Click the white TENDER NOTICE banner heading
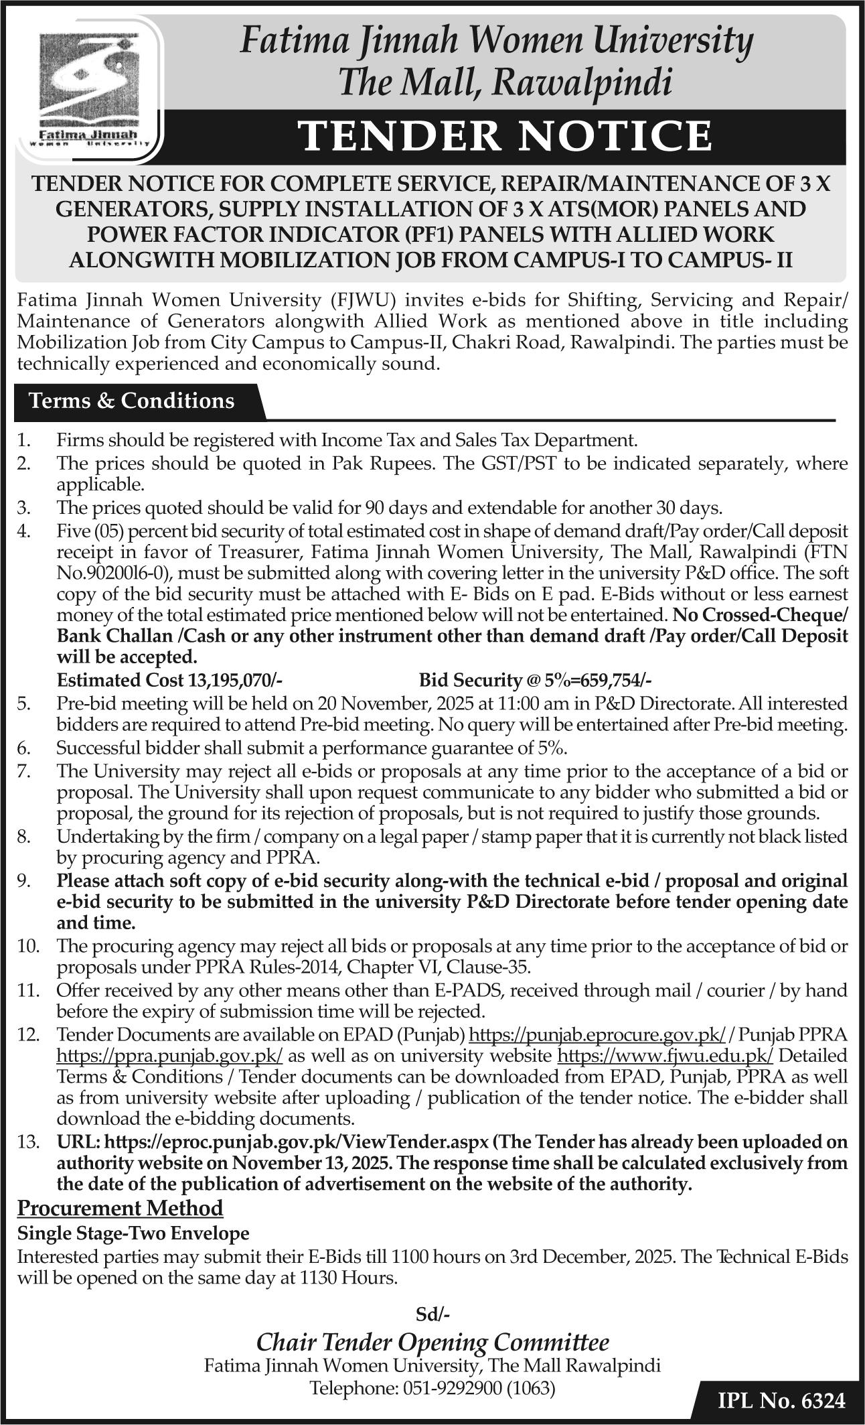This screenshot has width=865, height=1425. (x=505, y=136)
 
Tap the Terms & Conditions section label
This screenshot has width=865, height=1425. (x=131, y=401)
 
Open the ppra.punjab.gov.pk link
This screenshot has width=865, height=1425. (x=169, y=1056)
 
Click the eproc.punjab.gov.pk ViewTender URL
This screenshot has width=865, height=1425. (x=300, y=1141)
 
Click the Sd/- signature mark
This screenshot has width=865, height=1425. (x=432, y=1314)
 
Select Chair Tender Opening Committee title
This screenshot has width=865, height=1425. (x=432, y=1342)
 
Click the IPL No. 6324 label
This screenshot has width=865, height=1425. (x=781, y=1401)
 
